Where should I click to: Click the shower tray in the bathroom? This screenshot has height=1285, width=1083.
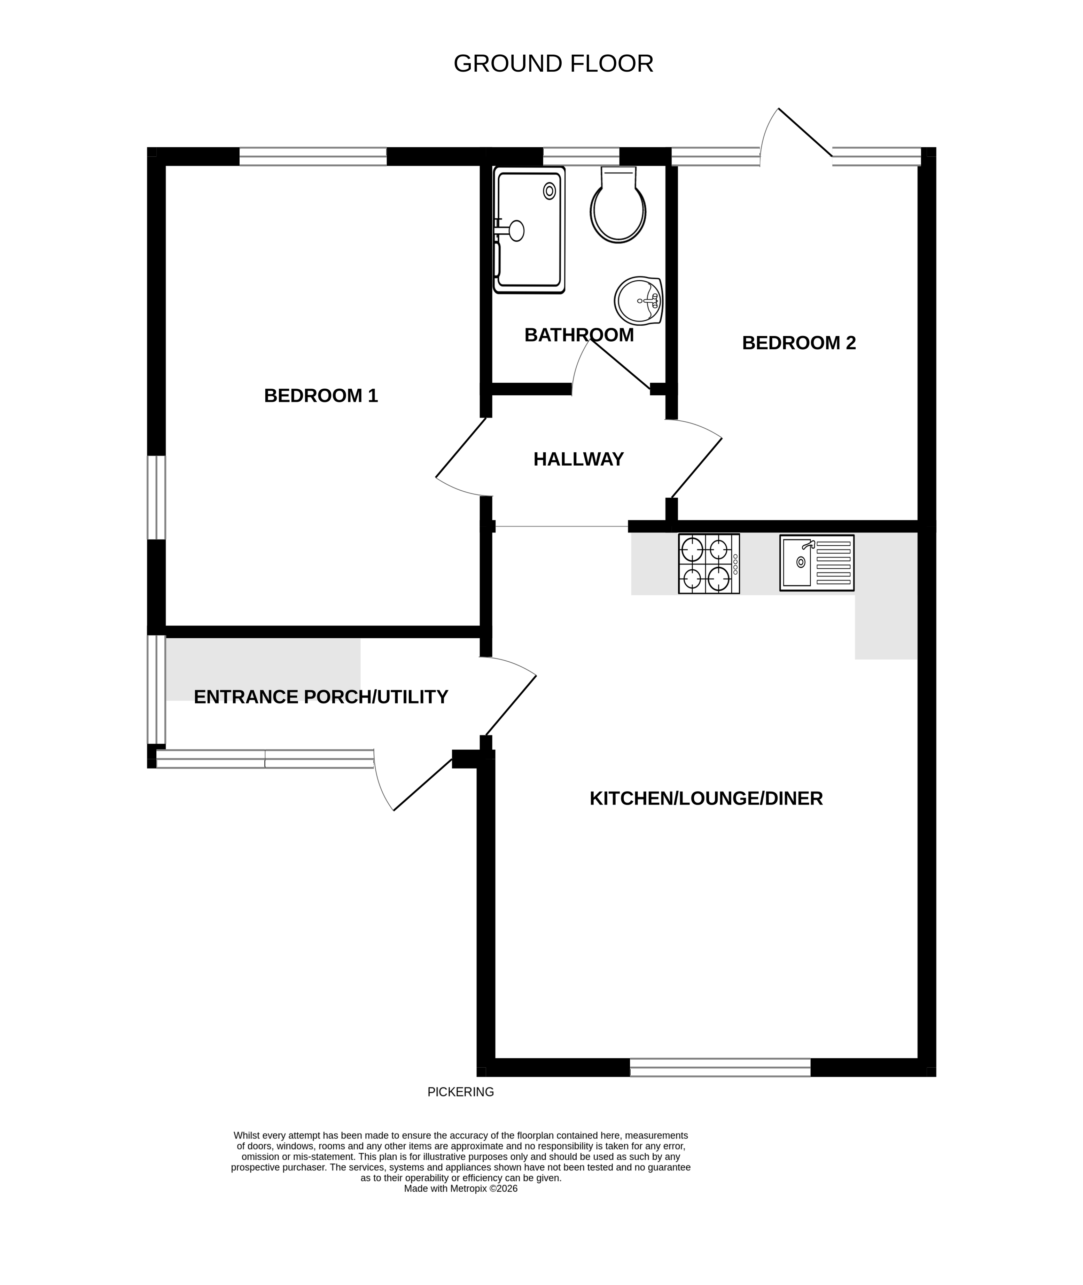[529, 229]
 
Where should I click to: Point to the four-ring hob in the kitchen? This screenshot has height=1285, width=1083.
[709, 563]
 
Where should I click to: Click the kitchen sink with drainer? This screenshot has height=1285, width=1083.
[817, 563]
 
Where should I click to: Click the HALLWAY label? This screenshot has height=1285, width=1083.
[578, 459]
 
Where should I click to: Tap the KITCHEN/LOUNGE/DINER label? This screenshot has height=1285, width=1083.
[706, 799]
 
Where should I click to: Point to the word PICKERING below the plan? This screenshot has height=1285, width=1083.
[460, 1092]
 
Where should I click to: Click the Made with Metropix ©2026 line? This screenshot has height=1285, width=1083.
[460, 1189]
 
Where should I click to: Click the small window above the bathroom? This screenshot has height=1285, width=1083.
[581, 157]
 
